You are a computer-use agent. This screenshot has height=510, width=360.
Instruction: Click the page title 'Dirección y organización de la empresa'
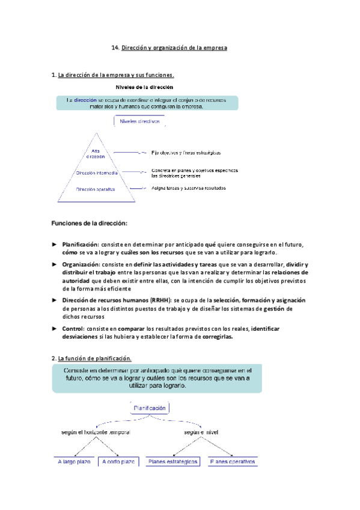click(x=174, y=47)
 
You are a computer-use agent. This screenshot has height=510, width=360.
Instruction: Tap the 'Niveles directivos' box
click(x=140, y=121)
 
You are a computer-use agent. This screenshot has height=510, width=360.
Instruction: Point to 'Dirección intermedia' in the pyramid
click(x=97, y=173)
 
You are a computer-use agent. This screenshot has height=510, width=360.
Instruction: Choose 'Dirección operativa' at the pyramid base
click(x=97, y=189)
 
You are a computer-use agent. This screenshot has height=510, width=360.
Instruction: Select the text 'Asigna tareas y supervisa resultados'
click(x=189, y=188)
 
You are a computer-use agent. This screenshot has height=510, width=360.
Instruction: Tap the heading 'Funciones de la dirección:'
click(x=90, y=224)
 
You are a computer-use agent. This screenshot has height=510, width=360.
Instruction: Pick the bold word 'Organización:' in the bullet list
click(x=81, y=265)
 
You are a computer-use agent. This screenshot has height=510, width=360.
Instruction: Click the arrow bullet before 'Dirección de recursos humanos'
click(x=53, y=300)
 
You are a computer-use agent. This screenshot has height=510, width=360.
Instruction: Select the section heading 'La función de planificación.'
click(x=90, y=359)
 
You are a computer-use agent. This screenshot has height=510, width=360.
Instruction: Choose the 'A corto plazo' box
click(x=118, y=462)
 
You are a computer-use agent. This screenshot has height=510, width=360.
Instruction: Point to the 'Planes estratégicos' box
click(x=172, y=462)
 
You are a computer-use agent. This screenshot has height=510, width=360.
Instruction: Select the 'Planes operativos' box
click(x=233, y=462)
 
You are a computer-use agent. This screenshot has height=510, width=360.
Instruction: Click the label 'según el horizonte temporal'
click(x=96, y=432)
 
